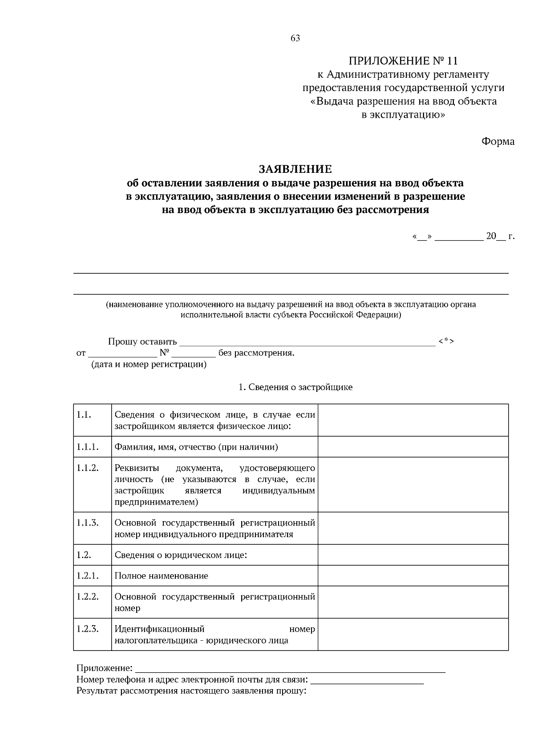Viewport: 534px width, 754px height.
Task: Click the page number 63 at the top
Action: click(295, 38)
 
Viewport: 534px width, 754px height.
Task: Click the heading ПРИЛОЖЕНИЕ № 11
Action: click(403, 60)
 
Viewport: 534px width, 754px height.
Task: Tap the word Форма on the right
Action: click(498, 142)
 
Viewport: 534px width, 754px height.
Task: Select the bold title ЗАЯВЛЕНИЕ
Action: click(295, 169)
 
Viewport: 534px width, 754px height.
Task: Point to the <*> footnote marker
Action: click(446, 341)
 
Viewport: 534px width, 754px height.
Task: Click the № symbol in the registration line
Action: click(164, 353)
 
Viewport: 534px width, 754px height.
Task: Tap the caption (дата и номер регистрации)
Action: click(149, 365)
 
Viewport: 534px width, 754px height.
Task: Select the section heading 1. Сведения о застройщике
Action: click(295, 387)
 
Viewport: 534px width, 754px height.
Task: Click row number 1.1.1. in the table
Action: click(87, 447)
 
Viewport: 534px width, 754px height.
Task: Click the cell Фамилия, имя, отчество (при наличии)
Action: click(196, 447)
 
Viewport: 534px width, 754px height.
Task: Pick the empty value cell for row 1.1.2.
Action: click(413, 485)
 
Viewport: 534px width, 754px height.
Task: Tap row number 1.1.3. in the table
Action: click(87, 523)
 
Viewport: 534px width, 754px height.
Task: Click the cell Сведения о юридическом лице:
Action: click(181, 555)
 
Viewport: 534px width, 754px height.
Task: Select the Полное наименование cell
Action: click(161, 576)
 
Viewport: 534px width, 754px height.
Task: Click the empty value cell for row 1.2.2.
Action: click(413, 602)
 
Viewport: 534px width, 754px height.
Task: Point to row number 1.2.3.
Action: click(87, 629)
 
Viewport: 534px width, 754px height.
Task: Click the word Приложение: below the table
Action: click(105, 668)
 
